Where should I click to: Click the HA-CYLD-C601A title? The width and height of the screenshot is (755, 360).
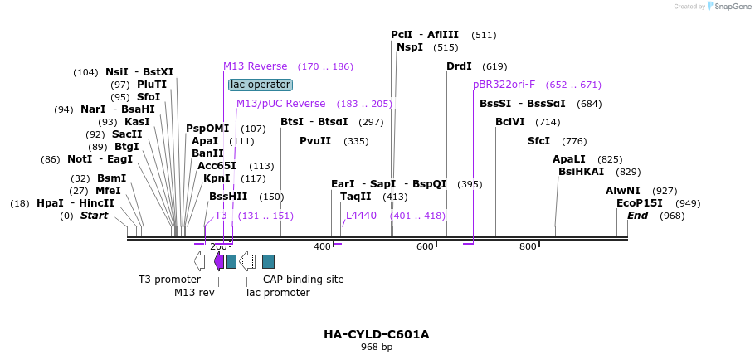(x=377, y=334)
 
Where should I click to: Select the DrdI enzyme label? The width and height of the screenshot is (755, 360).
(x=459, y=66)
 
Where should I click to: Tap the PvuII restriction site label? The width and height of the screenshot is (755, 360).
(x=315, y=141)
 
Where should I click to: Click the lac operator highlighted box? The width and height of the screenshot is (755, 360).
(x=261, y=85)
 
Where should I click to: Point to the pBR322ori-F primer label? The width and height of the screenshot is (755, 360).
(x=504, y=85)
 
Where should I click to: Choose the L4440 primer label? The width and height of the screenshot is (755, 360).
(x=361, y=216)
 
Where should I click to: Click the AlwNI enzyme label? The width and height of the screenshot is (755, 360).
(x=623, y=191)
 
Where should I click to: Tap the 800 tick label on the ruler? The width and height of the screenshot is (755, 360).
(x=528, y=246)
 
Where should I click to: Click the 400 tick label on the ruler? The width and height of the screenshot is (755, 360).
(x=322, y=246)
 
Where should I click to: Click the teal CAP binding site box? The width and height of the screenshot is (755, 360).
(x=268, y=261)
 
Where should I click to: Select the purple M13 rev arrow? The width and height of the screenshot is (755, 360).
(x=219, y=261)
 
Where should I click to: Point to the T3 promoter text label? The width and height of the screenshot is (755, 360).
(x=169, y=280)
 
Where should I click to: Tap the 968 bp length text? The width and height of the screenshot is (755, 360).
(x=377, y=348)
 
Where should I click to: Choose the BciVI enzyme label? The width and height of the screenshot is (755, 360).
(x=510, y=122)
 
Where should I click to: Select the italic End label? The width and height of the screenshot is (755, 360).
(x=638, y=216)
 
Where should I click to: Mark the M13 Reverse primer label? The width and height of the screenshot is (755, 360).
(x=255, y=66)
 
